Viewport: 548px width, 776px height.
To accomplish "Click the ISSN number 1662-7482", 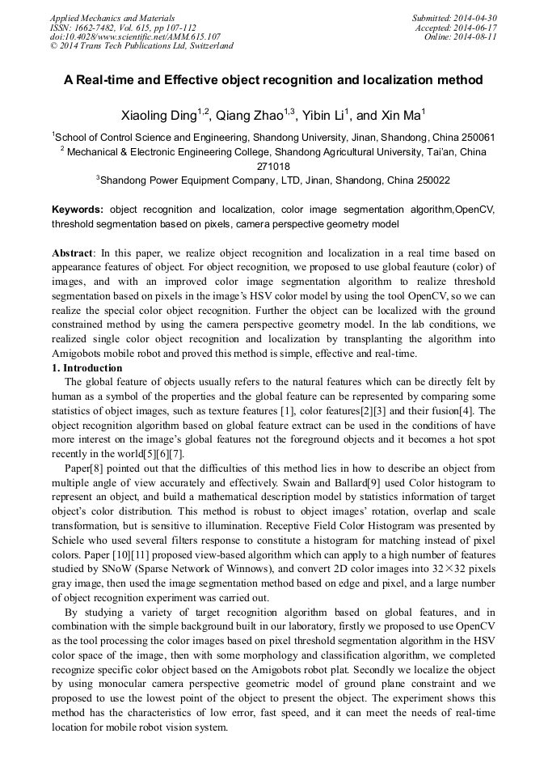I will (101, 27).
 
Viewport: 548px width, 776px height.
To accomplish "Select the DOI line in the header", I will (135, 36).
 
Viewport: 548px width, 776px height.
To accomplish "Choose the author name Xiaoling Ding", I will (158, 116).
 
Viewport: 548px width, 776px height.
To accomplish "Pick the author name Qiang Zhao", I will (247, 116).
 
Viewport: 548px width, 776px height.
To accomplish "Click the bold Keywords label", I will (78, 209).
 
